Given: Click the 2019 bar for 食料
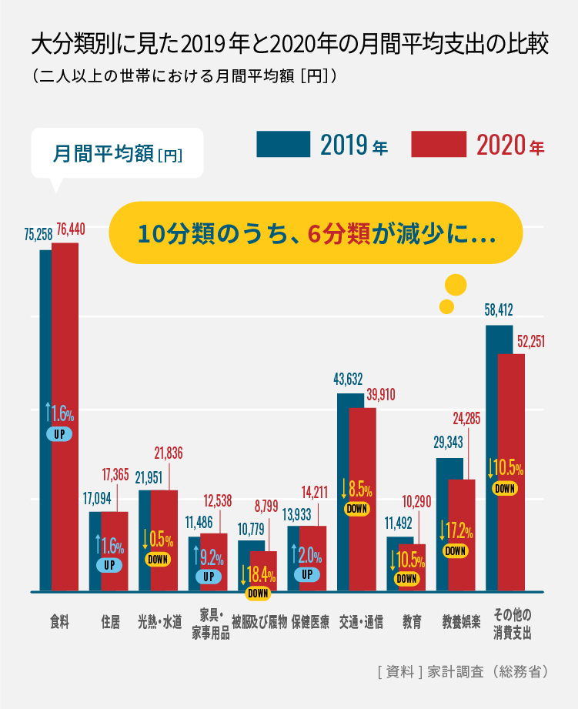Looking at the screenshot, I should (45, 346).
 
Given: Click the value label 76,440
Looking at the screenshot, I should (71, 229).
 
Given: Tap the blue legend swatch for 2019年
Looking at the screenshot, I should (283, 144).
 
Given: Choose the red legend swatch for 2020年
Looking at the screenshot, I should (439, 144).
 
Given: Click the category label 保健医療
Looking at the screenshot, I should (310, 622).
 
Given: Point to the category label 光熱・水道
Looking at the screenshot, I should (160, 622).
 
